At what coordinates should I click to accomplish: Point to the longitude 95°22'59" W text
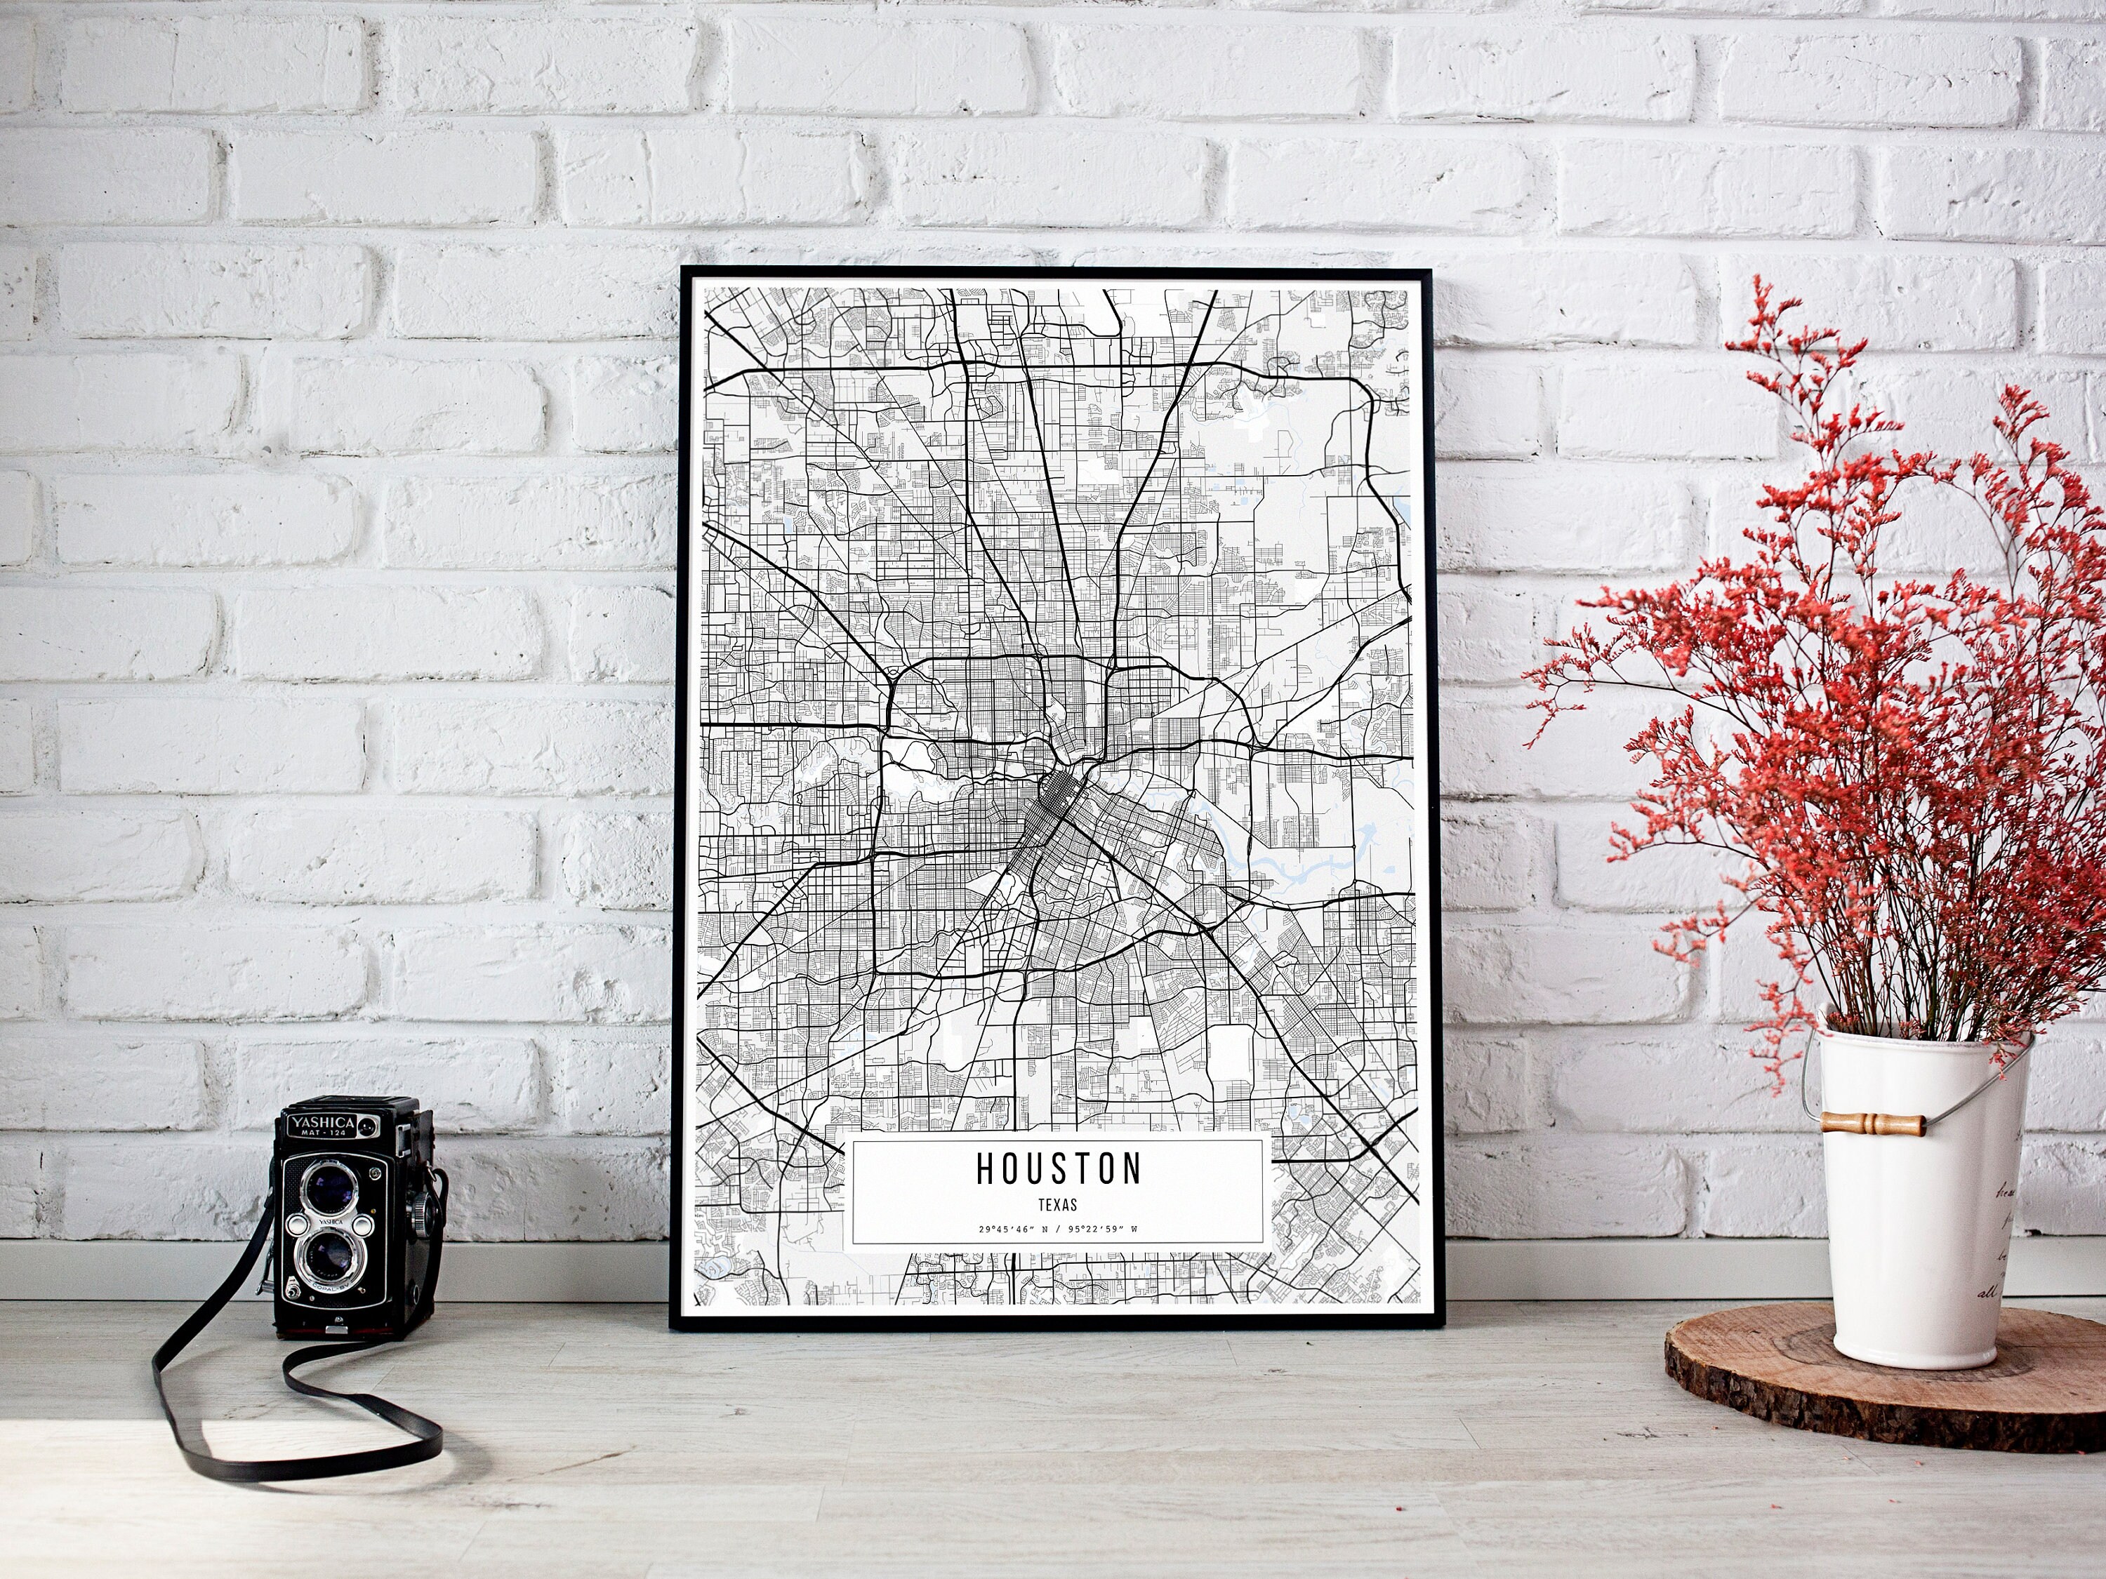coord(1104,1230)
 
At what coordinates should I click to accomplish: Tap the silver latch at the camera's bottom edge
coord(334,1328)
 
